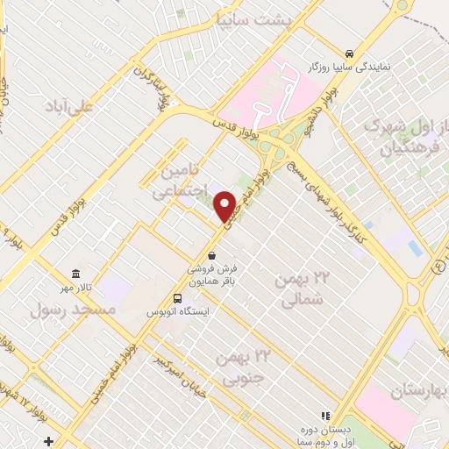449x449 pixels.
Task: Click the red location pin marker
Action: coord(225,206)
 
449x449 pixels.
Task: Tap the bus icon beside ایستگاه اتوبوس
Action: coord(178,298)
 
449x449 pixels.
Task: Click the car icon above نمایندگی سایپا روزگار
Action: coord(350,52)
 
